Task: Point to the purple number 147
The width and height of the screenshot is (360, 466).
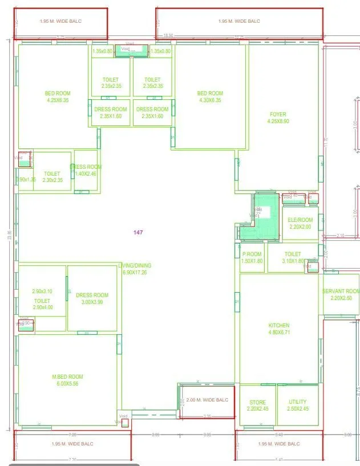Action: (138, 232)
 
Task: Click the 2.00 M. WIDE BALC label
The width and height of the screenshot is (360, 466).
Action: (207, 400)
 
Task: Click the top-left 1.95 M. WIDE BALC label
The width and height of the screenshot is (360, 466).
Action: (60, 21)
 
